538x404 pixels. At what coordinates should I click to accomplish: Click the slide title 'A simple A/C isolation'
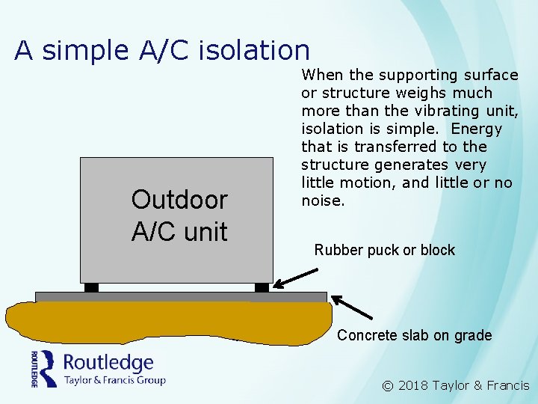[162, 50]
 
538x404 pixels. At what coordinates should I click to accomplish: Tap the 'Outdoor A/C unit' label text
[179, 215]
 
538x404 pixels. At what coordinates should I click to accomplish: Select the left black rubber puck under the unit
[91, 287]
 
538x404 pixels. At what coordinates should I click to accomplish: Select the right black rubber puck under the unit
[262, 287]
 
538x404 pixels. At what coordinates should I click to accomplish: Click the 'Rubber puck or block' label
[384, 250]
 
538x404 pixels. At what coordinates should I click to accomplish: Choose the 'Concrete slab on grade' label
[414, 335]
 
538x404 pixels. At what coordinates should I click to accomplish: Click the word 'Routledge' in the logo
[108, 364]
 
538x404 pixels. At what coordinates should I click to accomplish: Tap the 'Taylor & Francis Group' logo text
[114, 380]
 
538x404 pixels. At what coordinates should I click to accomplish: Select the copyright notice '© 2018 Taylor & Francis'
[455, 386]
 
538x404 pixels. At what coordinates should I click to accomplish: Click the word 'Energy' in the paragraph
[477, 129]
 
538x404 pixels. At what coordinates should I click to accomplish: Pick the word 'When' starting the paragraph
[321, 75]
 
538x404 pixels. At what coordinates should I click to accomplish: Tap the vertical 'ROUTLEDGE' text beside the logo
[34, 368]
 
